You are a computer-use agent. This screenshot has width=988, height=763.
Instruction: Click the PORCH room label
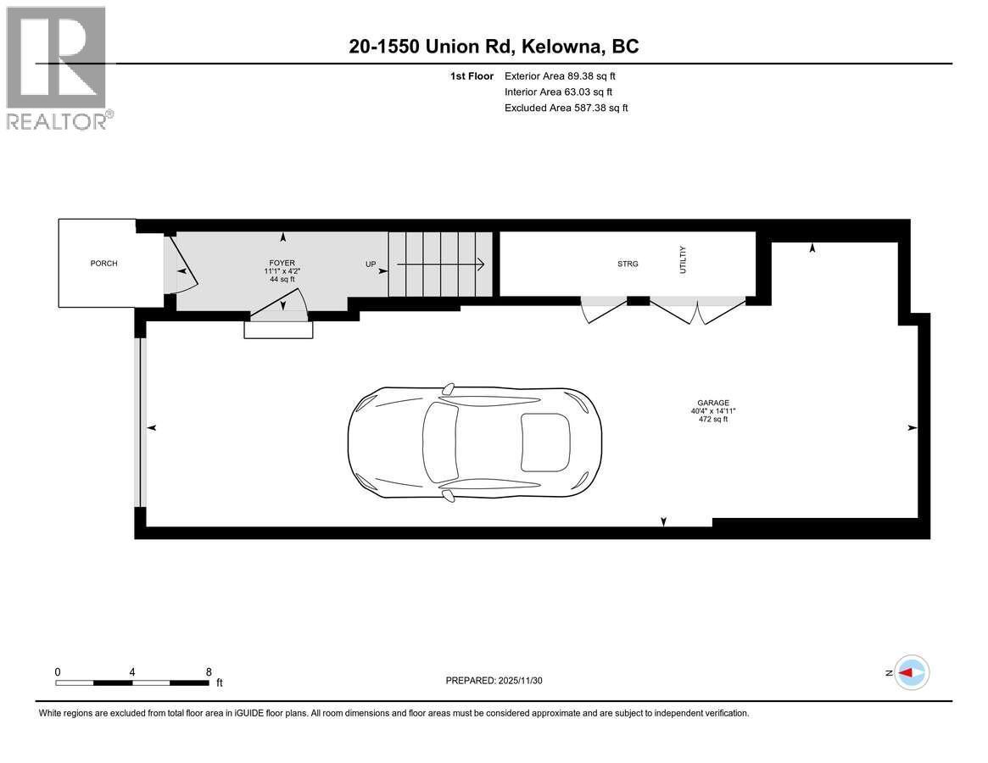(103, 264)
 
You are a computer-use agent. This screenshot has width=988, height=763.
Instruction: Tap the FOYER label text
(282, 263)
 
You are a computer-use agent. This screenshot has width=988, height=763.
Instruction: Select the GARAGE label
(712, 403)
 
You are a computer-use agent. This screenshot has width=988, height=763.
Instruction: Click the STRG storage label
(628, 264)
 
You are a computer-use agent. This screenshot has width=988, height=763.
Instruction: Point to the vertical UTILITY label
(682, 259)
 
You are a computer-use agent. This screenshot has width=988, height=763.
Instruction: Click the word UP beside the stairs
(371, 265)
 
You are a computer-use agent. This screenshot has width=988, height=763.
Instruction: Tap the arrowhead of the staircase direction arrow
(480, 265)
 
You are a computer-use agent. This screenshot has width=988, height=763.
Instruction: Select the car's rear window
(544, 442)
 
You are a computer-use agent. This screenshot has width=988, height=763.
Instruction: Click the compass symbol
(912, 672)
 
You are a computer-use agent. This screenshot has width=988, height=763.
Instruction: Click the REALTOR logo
(56, 68)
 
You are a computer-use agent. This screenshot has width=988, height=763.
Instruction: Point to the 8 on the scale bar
(209, 671)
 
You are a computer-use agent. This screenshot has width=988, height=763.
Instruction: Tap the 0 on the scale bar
(58, 671)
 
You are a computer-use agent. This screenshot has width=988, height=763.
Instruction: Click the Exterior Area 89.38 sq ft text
(560, 76)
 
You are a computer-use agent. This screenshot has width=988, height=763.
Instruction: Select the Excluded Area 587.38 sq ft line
(566, 108)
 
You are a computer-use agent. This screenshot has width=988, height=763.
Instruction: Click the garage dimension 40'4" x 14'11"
(712, 411)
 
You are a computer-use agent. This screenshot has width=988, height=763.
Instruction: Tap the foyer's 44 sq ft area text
(282, 279)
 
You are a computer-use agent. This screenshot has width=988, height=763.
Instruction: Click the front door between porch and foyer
(180, 267)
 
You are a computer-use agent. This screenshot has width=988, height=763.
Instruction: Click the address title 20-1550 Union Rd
(494, 47)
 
